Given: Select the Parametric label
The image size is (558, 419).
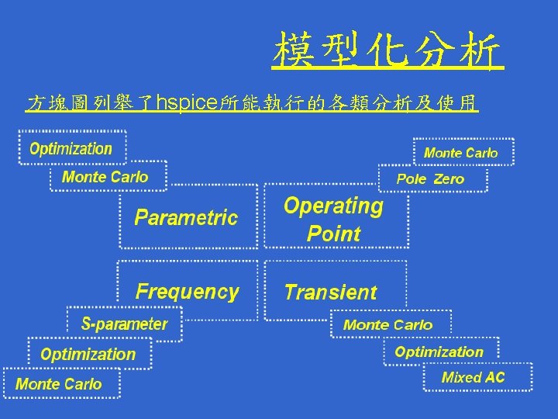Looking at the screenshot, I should (x=186, y=217).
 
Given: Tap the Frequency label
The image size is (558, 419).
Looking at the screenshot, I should (x=187, y=292).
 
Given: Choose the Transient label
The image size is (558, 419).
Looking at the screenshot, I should (x=330, y=293).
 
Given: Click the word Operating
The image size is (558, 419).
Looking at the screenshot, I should (x=333, y=206).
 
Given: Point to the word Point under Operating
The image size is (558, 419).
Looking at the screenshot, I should (x=334, y=234).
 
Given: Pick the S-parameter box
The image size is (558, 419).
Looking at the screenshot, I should (x=125, y=324).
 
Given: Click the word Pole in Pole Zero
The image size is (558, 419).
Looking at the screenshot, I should (x=411, y=179).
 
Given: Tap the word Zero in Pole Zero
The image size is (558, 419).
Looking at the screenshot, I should (x=449, y=179).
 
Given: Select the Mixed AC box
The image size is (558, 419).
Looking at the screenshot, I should (x=473, y=378).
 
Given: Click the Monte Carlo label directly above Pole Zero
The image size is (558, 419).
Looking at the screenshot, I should (x=460, y=153).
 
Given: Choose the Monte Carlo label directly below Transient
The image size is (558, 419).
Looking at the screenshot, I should (x=387, y=325).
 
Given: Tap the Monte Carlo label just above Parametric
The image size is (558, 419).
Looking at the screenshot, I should (x=105, y=177).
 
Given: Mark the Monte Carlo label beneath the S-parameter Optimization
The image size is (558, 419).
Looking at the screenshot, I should (x=59, y=384).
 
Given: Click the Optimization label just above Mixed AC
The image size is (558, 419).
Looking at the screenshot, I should (x=439, y=351).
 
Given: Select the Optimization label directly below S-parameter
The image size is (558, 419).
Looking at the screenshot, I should (x=88, y=355).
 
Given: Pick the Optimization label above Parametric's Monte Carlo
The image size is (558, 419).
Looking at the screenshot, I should (x=71, y=148).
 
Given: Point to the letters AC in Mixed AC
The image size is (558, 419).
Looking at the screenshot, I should (x=494, y=378).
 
